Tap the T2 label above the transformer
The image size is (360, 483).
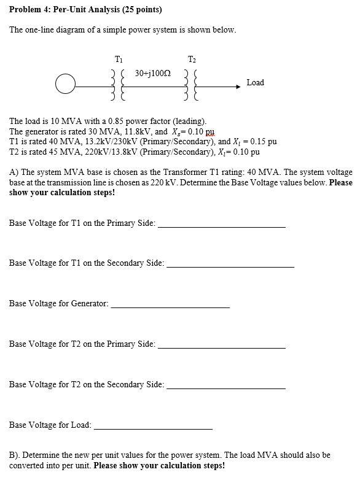tap(192, 59)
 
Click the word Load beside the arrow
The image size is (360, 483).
tap(255, 82)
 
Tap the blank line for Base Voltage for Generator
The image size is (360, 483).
tap(170, 306)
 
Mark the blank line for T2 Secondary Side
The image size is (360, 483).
tap(226, 388)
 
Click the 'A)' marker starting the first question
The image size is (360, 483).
tap(14, 173)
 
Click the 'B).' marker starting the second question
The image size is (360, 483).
tap(15, 455)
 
